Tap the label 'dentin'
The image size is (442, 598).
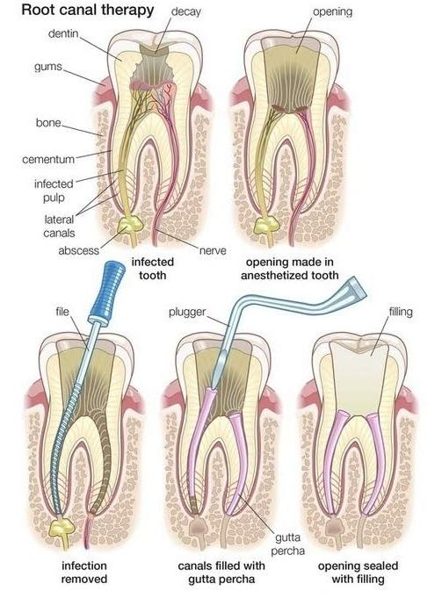[x=63, y=33]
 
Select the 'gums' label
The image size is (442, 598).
[x=48, y=67]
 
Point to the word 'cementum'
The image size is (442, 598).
[x=48, y=159]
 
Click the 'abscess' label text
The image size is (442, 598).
[x=78, y=250]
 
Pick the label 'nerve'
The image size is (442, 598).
[x=213, y=250]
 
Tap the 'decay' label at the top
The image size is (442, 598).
[x=186, y=12]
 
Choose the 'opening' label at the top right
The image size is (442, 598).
[x=332, y=12]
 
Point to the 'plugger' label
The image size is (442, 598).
[x=187, y=313]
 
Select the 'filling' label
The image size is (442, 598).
[x=401, y=312]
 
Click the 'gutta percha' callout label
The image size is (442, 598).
[x=288, y=544]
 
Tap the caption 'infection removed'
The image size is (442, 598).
[x=84, y=572]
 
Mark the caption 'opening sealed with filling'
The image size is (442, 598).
[x=358, y=572]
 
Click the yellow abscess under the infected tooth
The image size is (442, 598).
[x=131, y=225]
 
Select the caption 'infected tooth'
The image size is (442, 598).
[x=153, y=269]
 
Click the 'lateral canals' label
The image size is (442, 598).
[x=59, y=227]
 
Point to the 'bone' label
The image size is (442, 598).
[x=48, y=123]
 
